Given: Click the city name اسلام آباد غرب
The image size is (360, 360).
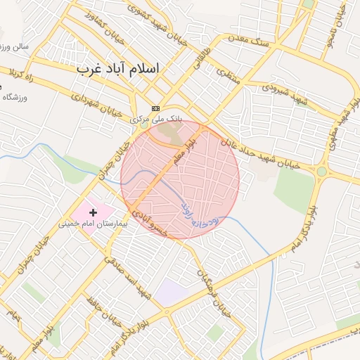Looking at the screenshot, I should [x=117, y=68].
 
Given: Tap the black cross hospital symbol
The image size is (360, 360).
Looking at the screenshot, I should [x=93, y=212].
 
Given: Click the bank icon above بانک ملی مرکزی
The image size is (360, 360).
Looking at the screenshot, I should [x=155, y=108].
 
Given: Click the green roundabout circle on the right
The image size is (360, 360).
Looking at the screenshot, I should [x=321, y=171].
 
